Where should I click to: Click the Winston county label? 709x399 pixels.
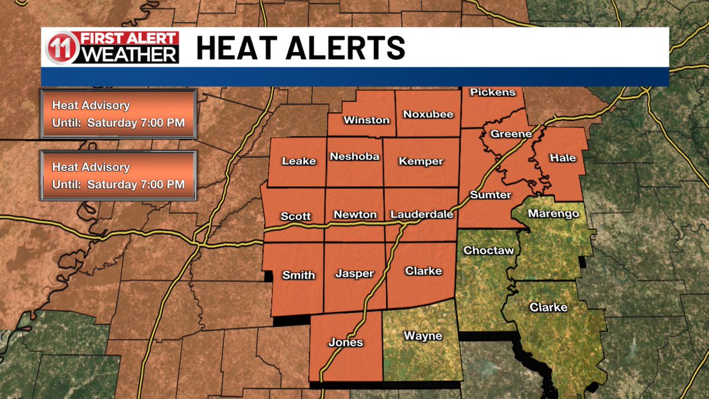367,120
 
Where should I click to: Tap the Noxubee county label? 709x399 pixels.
428,114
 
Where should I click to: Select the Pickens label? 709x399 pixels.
493,92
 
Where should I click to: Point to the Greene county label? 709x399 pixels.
511,134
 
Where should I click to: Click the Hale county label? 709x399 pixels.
562,158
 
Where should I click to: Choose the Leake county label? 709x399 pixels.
299,161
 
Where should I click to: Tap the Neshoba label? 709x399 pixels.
354,157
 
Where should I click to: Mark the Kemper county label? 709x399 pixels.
421,161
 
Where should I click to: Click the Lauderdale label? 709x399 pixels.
422,215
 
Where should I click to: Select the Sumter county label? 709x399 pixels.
490,194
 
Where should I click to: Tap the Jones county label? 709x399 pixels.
346,342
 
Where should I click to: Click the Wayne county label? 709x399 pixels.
422,336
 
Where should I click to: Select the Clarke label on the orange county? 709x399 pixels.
423,271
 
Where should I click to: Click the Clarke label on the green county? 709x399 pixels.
548,307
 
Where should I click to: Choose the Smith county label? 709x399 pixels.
298,275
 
